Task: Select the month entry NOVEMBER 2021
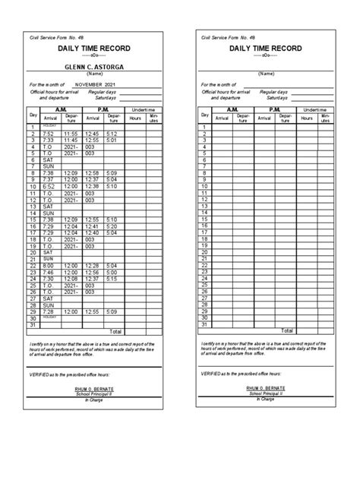point(93,85)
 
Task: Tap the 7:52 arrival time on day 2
point(49,134)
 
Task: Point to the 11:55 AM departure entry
point(70,134)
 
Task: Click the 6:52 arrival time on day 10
point(49,187)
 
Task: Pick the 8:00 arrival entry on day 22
point(49,265)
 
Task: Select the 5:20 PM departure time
point(112,226)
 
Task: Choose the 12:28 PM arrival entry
point(92,265)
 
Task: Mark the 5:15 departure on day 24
point(112,279)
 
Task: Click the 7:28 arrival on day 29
point(49,311)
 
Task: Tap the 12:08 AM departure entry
point(70,279)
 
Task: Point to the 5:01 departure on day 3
point(112,141)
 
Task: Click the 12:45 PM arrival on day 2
point(92,134)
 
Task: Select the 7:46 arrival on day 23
point(49,272)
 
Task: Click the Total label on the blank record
point(286,331)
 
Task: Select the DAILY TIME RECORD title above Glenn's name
point(94,49)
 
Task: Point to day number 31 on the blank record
point(204,324)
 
